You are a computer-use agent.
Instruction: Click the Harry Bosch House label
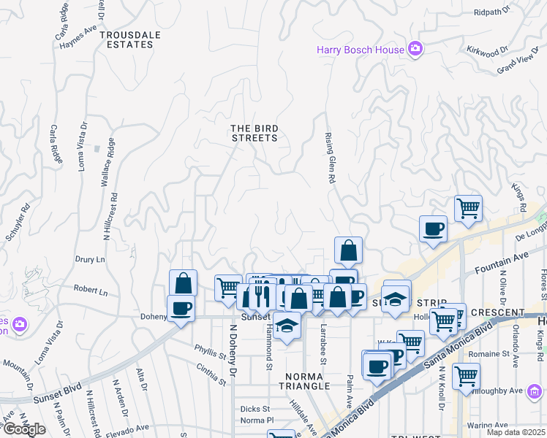(x=360, y=50)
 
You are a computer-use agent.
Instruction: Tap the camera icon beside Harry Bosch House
(x=415, y=49)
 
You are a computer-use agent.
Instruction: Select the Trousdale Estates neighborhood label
(x=127, y=39)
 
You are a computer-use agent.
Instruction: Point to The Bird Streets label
(x=254, y=133)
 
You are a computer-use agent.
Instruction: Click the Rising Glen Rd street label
(x=330, y=158)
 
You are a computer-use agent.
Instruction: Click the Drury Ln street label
(x=91, y=259)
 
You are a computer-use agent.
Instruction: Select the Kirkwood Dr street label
(x=487, y=51)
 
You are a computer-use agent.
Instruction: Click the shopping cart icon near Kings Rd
(x=468, y=207)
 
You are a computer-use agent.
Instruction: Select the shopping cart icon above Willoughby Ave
(x=466, y=375)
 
